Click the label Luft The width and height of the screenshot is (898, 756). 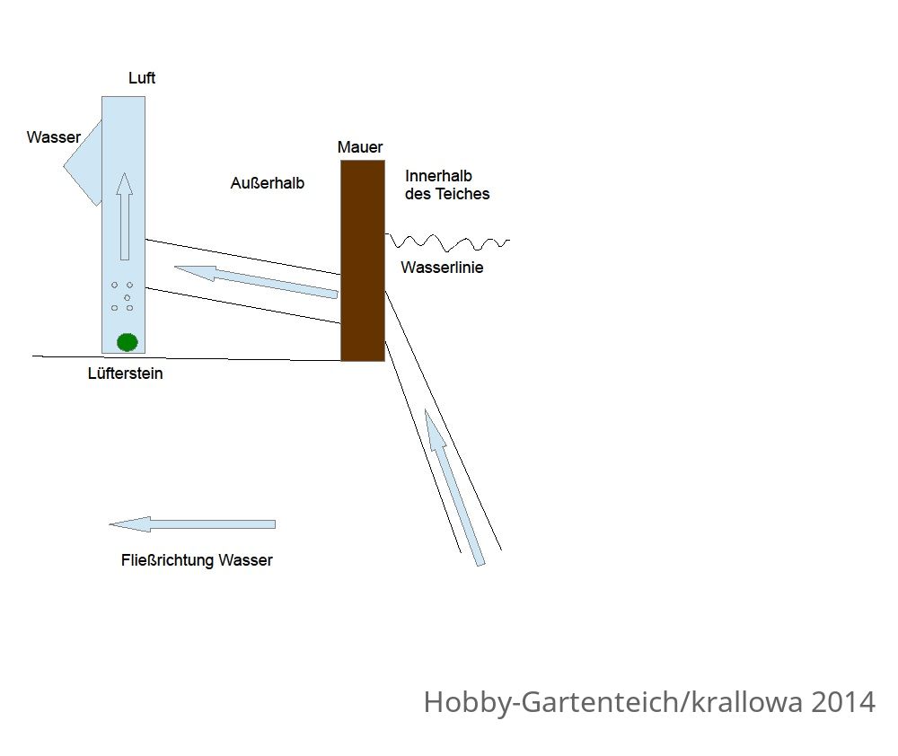142,78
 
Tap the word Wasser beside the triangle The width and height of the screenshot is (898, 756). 54,137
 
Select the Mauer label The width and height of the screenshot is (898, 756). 360,147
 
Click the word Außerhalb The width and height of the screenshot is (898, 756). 268,183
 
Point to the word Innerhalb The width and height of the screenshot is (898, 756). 438,176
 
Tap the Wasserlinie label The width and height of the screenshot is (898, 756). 442,268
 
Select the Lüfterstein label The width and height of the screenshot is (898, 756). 126,374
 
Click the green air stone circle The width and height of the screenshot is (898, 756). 128,342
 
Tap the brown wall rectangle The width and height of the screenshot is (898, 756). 363,260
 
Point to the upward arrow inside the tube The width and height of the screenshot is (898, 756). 124,216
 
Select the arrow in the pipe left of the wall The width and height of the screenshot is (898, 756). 256,282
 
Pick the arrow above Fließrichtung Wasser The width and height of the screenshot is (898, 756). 192,524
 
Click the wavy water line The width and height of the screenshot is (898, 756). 447,242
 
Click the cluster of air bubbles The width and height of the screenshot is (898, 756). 122,296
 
